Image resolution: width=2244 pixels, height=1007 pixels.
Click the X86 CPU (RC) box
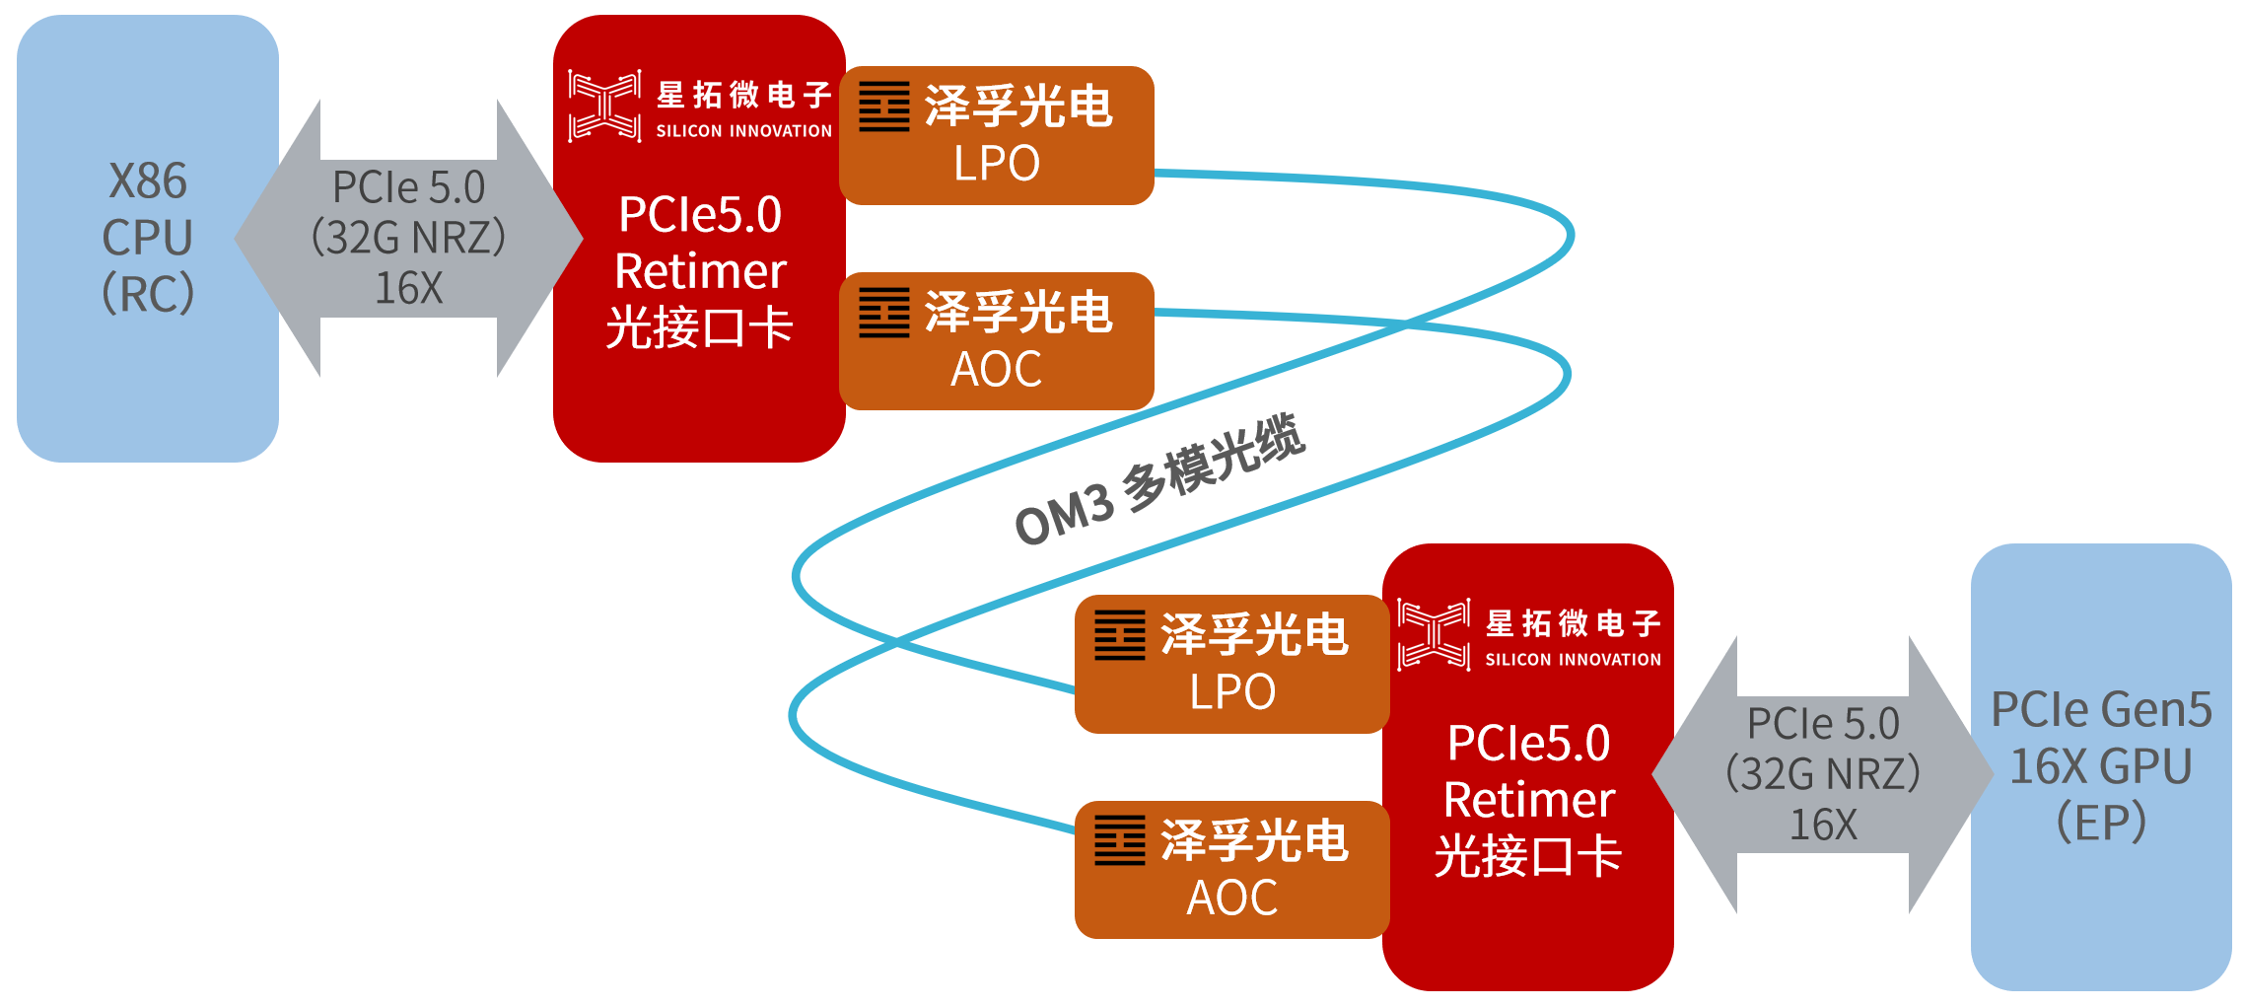(148, 238)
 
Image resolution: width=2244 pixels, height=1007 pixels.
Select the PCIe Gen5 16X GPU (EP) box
(2100, 766)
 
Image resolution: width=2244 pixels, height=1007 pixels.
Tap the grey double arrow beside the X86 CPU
(408, 238)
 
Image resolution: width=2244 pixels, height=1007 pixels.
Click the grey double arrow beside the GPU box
(1822, 774)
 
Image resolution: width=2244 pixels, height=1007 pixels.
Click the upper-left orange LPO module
(996, 136)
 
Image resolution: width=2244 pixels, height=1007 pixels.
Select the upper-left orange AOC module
(996, 341)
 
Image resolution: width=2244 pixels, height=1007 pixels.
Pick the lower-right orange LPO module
(1231, 664)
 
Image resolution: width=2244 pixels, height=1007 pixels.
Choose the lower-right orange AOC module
(1231, 870)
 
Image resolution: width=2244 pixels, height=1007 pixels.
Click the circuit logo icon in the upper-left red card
(604, 106)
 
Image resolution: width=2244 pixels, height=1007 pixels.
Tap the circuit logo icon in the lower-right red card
(1434, 634)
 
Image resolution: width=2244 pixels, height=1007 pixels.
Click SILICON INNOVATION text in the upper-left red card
(743, 131)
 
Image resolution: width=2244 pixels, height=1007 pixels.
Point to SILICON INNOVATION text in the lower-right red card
(1573, 660)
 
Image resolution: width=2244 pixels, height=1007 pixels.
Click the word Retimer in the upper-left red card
(700, 271)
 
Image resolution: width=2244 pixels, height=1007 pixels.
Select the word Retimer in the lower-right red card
(1529, 800)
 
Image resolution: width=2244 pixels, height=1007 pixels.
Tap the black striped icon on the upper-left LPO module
(884, 107)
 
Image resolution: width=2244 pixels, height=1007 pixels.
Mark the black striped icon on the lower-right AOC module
(1120, 840)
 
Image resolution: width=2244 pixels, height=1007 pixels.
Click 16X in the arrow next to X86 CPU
(408, 289)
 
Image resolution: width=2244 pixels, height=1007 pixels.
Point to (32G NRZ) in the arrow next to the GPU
(1822, 774)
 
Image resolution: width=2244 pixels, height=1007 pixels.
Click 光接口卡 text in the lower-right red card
(1528, 856)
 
